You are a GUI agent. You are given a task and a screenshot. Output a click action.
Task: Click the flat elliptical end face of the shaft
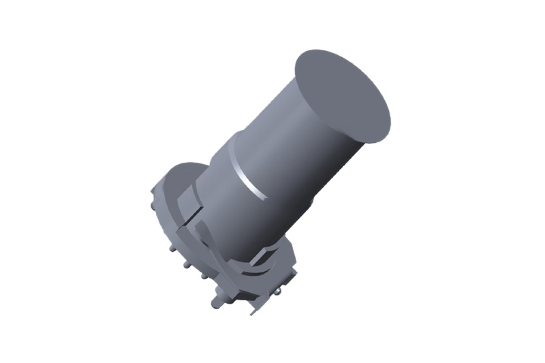pos(342,95)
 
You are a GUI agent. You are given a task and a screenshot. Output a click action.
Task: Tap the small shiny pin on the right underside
pos(278,291)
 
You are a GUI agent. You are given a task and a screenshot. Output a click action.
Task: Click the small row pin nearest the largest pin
pos(203,276)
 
